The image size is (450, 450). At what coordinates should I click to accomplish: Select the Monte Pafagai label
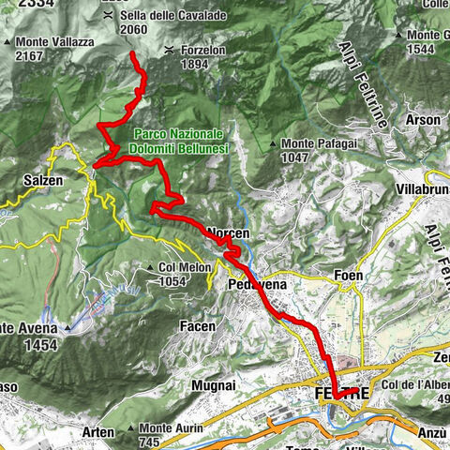coord(312,143)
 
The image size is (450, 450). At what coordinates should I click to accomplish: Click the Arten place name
coord(98,432)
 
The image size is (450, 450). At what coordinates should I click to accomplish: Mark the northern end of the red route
coord(132,54)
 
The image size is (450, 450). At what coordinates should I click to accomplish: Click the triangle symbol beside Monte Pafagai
coord(272,144)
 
